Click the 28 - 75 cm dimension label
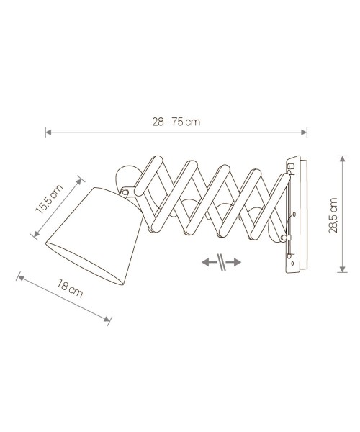(176, 122)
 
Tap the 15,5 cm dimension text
(49, 199)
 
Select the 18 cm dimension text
(70, 288)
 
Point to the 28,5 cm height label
(333, 215)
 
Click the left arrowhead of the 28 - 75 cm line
(48, 132)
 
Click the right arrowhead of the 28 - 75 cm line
(304, 132)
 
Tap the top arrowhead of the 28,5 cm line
(343, 159)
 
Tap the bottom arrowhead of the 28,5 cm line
(343, 269)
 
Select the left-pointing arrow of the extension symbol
(209, 262)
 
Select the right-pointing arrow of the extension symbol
(234, 262)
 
